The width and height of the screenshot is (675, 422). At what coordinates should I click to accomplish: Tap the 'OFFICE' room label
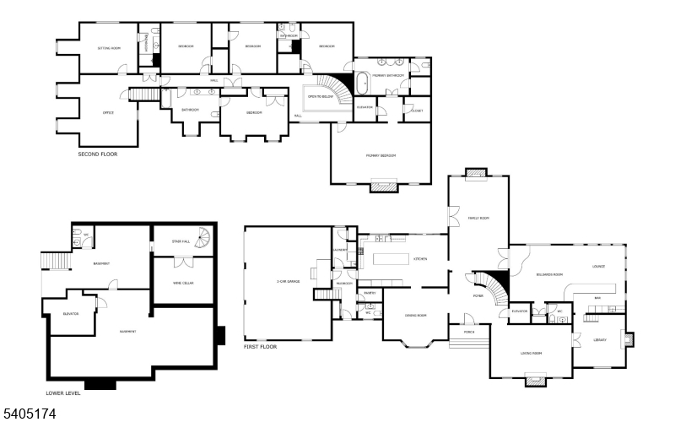pyautogui.click(x=108, y=113)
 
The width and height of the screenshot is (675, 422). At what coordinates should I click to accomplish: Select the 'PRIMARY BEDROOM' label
pyautogui.click(x=381, y=156)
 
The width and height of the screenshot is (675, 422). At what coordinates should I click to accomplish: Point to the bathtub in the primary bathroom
pyautogui.click(x=363, y=84)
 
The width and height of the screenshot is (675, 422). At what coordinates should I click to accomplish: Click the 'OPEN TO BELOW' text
pyautogui.click(x=317, y=97)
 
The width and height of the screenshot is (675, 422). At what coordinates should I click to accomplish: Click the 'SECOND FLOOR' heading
pyautogui.click(x=97, y=154)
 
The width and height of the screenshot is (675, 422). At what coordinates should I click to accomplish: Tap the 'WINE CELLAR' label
pyautogui.click(x=183, y=283)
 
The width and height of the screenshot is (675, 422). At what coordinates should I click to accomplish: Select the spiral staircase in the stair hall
pyautogui.click(x=203, y=241)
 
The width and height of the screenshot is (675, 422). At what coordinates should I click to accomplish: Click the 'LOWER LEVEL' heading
pyautogui.click(x=65, y=393)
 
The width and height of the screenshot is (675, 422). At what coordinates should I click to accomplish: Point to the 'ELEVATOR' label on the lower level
pyautogui.click(x=71, y=314)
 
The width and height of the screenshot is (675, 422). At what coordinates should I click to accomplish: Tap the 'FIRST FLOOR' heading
pyautogui.click(x=260, y=347)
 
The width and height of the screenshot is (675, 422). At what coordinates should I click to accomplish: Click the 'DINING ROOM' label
pyautogui.click(x=415, y=316)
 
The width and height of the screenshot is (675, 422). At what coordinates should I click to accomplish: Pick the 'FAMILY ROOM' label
pyautogui.click(x=478, y=218)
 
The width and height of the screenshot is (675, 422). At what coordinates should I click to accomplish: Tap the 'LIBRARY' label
pyautogui.click(x=599, y=339)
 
